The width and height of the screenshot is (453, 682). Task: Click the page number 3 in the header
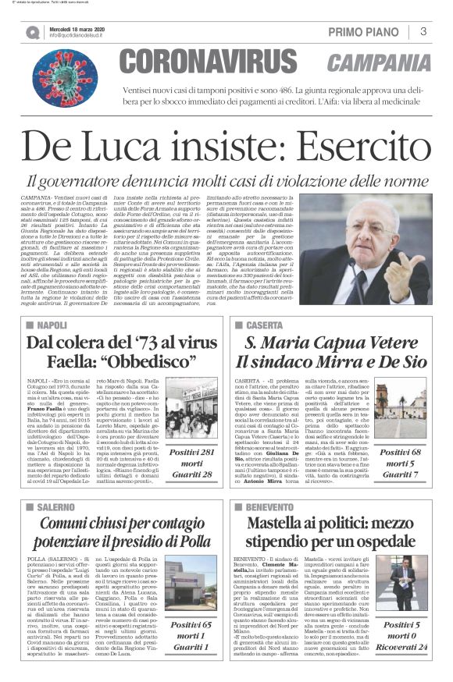click(423, 31)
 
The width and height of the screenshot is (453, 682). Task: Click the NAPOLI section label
click(52, 324)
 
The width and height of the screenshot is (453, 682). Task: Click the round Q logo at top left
click(32, 32)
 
